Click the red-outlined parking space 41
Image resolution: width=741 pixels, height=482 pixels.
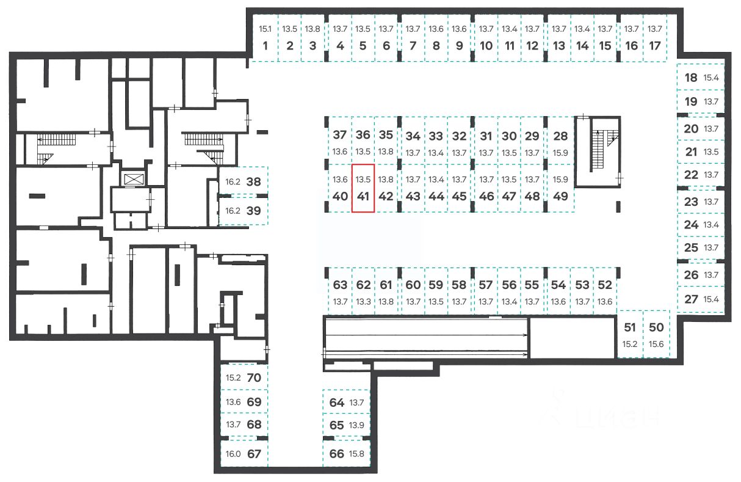click(x=363, y=189)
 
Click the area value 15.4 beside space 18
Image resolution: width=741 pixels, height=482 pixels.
click(x=712, y=78)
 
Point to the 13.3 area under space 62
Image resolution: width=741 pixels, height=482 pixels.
click(x=363, y=301)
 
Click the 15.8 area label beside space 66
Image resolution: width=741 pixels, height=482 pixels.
click(x=356, y=454)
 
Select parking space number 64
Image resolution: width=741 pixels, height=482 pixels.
click(x=337, y=403)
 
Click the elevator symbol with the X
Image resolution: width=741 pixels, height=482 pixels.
click(x=132, y=179)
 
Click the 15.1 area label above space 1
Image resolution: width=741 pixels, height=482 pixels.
click(x=264, y=29)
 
